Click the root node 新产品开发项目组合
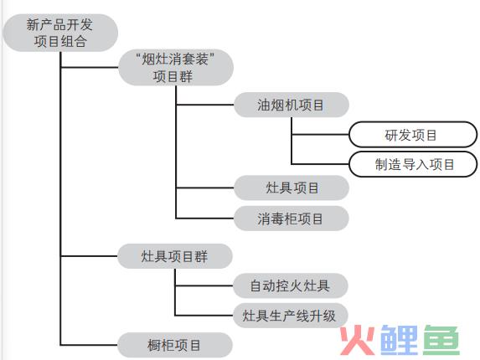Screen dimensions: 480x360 [x=60, y=33]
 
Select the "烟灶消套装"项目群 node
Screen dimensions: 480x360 [x=176, y=67]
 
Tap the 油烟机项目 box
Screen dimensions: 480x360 [x=292, y=105]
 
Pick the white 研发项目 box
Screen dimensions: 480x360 [x=413, y=135]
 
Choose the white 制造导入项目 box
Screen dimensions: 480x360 [x=413, y=164]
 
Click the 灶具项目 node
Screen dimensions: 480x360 [x=292, y=188]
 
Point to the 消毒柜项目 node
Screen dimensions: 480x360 [x=292, y=219]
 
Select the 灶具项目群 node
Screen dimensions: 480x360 [x=175, y=256]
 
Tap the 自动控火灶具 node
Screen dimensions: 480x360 [x=290, y=285]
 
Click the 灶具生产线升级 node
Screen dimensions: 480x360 [x=290, y=316]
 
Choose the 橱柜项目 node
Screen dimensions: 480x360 [x=175, y=345]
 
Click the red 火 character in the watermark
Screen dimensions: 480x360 [x=358, y=340]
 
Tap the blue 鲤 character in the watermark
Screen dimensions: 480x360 [x=399, y=340]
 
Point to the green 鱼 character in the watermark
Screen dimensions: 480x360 [x=441, y=340]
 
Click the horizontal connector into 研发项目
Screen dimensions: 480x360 [x=320, y=134]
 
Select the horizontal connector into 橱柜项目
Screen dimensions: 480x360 [x=89, y=345]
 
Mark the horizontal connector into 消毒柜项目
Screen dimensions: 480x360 [x=205, y=219]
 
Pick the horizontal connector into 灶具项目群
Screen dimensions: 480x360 [x=89, y=255]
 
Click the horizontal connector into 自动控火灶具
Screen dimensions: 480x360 [x=204, y=285]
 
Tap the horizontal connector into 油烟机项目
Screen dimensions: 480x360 [x=205, y=105]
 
